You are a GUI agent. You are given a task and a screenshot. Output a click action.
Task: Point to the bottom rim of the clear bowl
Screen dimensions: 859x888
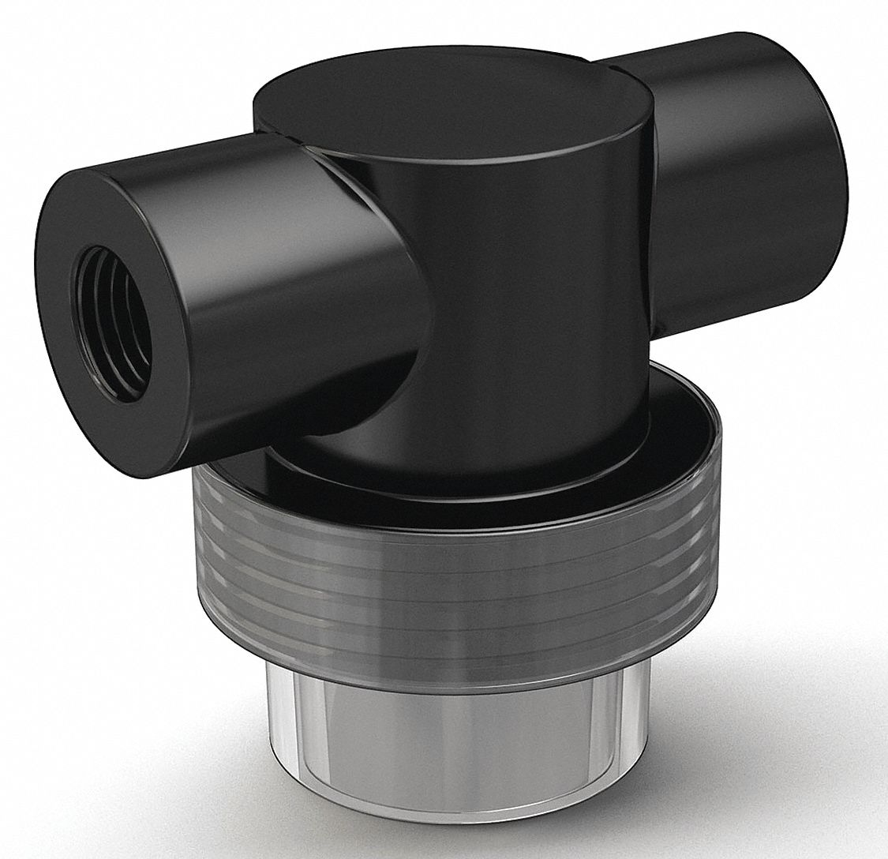click(505, 833)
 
